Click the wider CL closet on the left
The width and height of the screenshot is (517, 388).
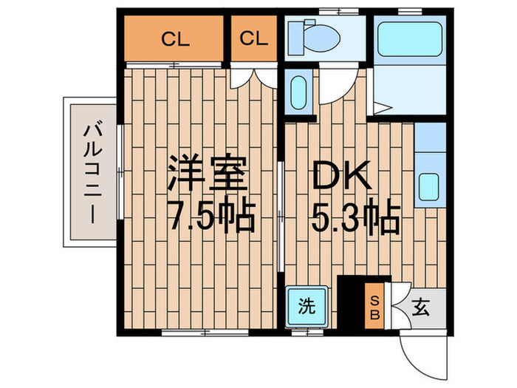tap(174, 39)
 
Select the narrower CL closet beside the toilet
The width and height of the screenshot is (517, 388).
tap(253, 39)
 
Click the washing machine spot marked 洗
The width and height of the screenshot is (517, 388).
tap(307, 304)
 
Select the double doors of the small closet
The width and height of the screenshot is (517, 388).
tap(254, 78)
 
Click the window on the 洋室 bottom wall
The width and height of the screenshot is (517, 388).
tap(194, 331)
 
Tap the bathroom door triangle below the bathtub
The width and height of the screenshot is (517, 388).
tap(379, 109)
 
